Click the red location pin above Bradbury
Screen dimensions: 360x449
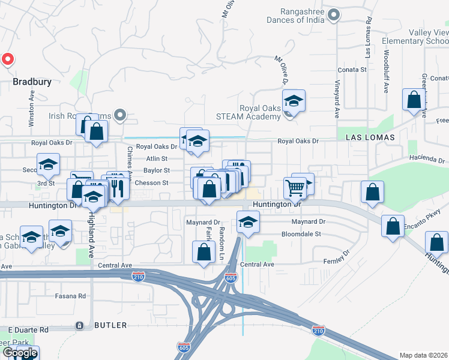click(7, 59)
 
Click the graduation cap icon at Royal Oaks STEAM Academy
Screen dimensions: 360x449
click(294, 100)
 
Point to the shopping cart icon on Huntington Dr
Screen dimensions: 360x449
click(295, 187)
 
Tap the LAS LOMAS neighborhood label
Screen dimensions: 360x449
click(371, 137)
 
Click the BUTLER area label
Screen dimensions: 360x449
click(110, 325)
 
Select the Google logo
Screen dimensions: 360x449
click(20, 353)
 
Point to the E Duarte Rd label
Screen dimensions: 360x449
click(28, 330)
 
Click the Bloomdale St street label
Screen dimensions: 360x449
click(302, 235)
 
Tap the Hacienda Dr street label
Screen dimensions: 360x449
click(427, 160)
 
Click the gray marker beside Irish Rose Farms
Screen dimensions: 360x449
click(121, 115)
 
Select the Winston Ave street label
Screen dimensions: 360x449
click(32, 109)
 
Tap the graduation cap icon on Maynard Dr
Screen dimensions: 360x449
click(248, 221)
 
